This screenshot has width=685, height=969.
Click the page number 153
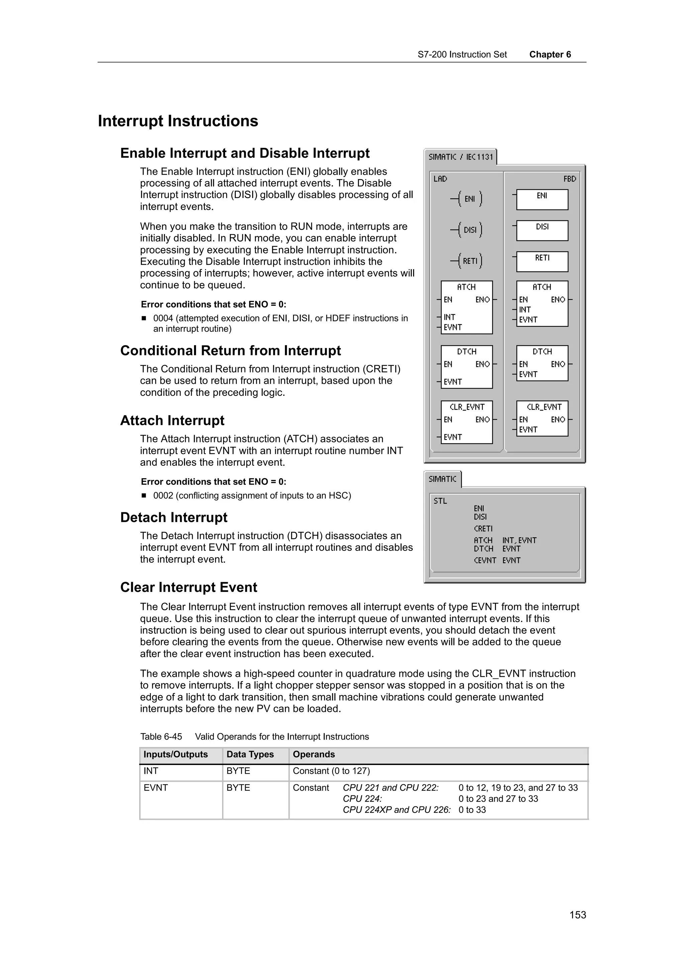point(577,914)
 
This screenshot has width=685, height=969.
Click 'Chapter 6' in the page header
point(550,55)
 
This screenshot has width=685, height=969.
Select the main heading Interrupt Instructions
point(178,121)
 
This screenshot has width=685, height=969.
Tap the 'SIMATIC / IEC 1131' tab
point(461,157)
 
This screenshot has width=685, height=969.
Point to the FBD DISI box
point(542,230)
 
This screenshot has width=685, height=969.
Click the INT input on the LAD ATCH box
point(449,317)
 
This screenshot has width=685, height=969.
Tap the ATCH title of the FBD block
point(542,287)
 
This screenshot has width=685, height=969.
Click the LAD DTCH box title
point(466,351)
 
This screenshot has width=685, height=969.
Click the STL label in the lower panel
point(440,501)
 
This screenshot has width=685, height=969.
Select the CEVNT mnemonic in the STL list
point(485,560)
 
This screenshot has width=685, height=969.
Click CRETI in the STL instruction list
point(483,528)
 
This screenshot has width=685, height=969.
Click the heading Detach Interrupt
point(174,517)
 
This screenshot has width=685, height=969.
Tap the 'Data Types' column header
point(250,754)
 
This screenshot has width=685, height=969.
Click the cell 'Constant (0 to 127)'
point(331,771)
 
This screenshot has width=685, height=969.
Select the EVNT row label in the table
point(155,787)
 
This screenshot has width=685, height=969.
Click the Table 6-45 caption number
point(161,737)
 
